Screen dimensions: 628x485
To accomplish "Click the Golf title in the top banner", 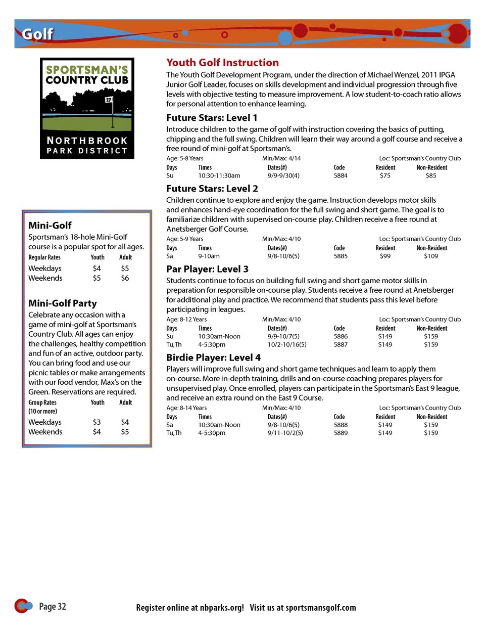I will click(x=37, y=34).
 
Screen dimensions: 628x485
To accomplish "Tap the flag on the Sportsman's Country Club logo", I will click(x=109, y=100).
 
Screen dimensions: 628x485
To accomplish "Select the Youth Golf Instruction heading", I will click(x=222, y=63).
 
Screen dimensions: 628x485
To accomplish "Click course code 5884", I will click(x=341, y=176).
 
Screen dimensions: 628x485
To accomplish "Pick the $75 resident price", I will click(x=385, y=176).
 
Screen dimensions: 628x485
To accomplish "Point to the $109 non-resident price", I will click(x=431, y=256).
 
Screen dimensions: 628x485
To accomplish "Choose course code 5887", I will click(x=341, y=345).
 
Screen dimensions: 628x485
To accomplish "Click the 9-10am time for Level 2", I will click(x=209, y=256).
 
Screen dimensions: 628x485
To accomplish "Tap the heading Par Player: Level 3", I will click(x=207, y=269).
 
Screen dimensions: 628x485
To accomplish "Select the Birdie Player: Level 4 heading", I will click(x=213, y=357).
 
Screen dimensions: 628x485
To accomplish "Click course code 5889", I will click(x=341, y=433).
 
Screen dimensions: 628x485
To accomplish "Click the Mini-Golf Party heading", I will click(x=63, y=303).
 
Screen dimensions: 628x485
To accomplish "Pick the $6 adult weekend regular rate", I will click(x=125, y=278).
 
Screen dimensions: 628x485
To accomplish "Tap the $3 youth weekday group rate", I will click(x=96, y=422).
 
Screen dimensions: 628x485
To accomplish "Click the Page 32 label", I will click(x=52, y=606).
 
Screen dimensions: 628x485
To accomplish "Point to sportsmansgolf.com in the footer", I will click(x=320, y=608).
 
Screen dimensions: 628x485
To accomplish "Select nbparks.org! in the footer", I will click(x=222, y=608).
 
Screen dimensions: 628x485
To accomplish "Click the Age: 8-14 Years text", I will click(x=186, y=408).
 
